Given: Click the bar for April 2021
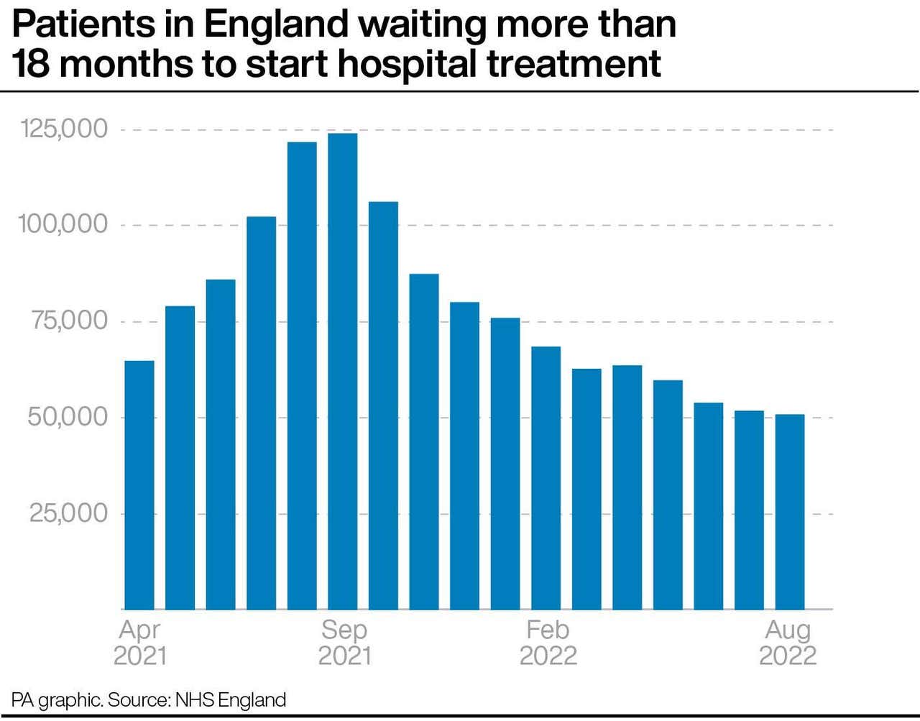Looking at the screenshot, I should coord(139,485).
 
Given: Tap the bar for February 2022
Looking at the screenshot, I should coord(546,478).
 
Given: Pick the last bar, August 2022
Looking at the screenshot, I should coord(790,512).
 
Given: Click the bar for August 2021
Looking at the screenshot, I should coord(302,376).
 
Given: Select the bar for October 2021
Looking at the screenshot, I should coord(383,406).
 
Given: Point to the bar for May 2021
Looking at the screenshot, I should coord(180,458).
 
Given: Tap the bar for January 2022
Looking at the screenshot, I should coord(505,464).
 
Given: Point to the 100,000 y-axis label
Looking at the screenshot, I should coord(63,224).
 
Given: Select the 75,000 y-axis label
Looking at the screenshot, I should coord(69,321).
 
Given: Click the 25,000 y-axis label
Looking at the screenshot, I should coord(68,513).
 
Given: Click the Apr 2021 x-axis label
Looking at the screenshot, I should coord(139,643).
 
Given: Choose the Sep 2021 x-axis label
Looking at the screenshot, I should coord(344,643).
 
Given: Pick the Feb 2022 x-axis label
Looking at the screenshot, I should coord(548,643).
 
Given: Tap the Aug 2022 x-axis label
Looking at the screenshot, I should coord(788,643).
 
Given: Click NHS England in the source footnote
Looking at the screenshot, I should coord(231,700).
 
